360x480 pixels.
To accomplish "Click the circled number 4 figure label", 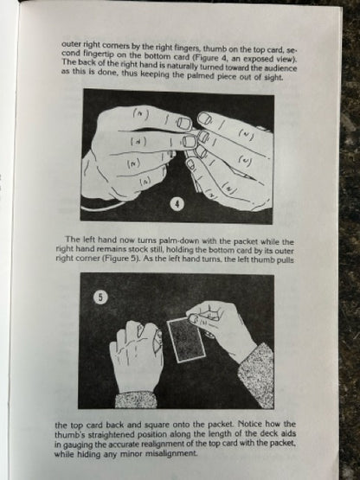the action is point(177,204).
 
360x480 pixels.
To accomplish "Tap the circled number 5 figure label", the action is point(100,298).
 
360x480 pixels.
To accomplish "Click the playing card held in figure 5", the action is point(186,339).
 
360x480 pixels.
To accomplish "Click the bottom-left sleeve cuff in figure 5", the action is point(136,400).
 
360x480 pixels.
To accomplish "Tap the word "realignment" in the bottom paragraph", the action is point(167,444).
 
